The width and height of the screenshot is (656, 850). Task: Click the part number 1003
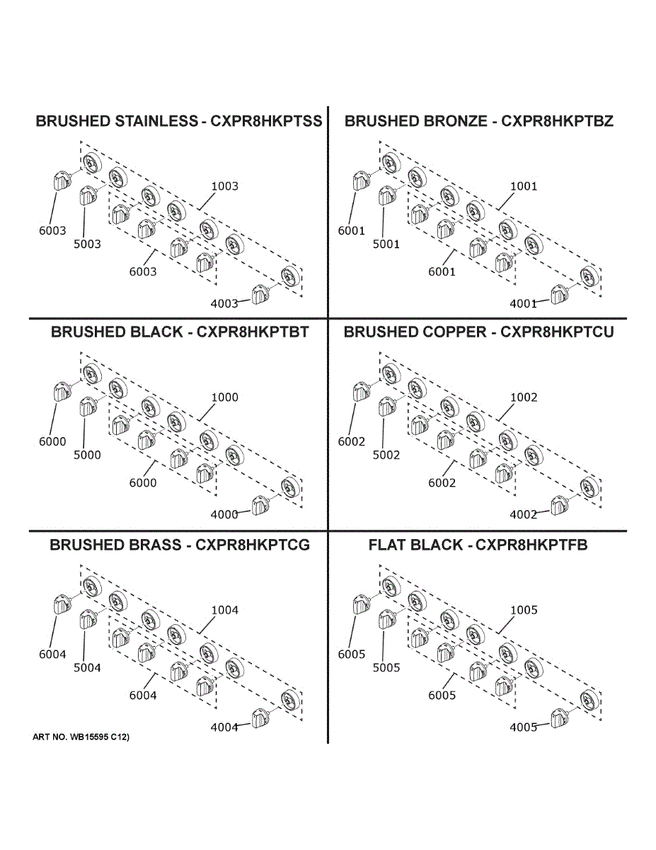coord(225,186)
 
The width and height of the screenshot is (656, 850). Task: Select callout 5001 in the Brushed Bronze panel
coord(386,244)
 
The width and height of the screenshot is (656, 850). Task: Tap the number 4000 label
coord(224,515)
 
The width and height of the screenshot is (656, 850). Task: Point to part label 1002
coord(524,397)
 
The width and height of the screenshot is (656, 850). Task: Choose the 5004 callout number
coord(87,668)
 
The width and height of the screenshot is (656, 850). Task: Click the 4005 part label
coord(524,727)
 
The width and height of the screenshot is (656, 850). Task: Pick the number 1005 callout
coord(524,610)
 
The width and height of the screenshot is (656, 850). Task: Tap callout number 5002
coord(386,455)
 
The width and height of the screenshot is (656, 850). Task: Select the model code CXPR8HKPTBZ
coord(557,121)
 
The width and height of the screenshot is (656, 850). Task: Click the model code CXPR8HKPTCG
coord(253,545)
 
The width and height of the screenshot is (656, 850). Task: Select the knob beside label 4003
coord(260,295)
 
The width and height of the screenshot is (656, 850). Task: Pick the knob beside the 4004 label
coord(260,718)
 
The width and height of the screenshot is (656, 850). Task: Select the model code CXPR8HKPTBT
coord(253,332)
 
